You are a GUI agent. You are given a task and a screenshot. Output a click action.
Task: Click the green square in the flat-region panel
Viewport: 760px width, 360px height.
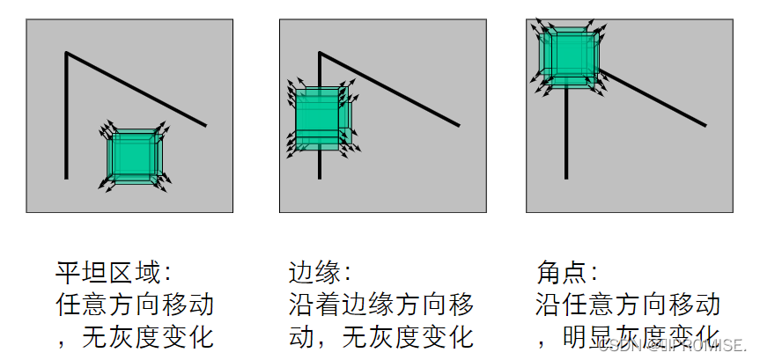tap(133, 156)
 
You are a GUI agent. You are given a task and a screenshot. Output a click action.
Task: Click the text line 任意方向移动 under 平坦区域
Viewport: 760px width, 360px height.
tap(135, 305)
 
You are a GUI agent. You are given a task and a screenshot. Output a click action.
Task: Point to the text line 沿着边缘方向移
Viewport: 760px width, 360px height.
tap(381, 305)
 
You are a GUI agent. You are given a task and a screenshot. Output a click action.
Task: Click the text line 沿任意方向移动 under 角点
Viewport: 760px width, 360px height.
tap(628, 305)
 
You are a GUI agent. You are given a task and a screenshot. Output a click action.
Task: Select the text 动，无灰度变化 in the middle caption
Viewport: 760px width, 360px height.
tap(381, 337)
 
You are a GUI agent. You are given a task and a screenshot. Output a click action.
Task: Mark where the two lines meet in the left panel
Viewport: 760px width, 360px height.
tap(66, 54)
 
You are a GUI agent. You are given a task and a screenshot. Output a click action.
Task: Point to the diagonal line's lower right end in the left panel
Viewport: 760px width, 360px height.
tap(206, 125)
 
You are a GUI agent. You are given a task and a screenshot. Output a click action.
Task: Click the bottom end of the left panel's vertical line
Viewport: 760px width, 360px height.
tap(66, 178)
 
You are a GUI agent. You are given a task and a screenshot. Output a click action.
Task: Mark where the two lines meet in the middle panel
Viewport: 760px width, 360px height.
tap(320, 54)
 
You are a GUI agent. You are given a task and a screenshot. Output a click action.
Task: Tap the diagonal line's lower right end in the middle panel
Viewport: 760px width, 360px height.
tap(459, 125)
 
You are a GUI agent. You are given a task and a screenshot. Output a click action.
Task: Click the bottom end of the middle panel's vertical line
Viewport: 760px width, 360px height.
tap(320, 178)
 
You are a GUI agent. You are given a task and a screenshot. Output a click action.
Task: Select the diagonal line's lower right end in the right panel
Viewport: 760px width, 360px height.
tap(705, 125)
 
